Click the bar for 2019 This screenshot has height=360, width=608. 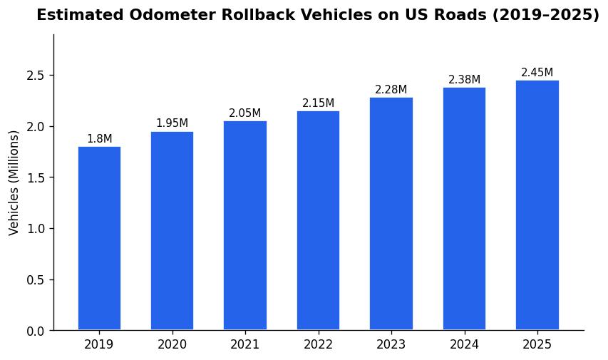pyautogui.click(x=99, y=238)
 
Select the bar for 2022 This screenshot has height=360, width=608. pyautogui.click(x=318, y=220)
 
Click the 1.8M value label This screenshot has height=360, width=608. pyautogui.click(x=99, y=139)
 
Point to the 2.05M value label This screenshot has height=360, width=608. pyautogui.click(x=244, y=113)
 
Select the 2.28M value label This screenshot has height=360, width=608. pyautogui.click(x=391, y=90)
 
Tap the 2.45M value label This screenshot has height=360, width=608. pyautogui.click(x=537, y=73)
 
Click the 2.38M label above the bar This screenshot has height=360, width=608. pyautogui.click(x=464, y=80)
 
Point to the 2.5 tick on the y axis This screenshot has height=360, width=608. pyautogui.click(x=36, y=76)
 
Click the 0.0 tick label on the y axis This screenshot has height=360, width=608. pyautogui.click(x=36, y=331)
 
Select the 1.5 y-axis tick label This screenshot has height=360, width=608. pyautogui.click(x=36, y=178)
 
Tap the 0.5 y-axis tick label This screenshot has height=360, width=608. pyautogui.click(x=36, y=280)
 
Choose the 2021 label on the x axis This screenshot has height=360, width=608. pyautogui.click(x=244, y=345)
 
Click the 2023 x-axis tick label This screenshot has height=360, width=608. pyautogui.click(x=391, y=345)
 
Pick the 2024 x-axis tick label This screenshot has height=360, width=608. pyautogui.click(x=464, y=345)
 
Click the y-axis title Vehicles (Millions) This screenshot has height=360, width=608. pyautogui.click(x=14, y=182)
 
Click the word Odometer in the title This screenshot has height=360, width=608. pyautogui.click(x=166, y=16)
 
